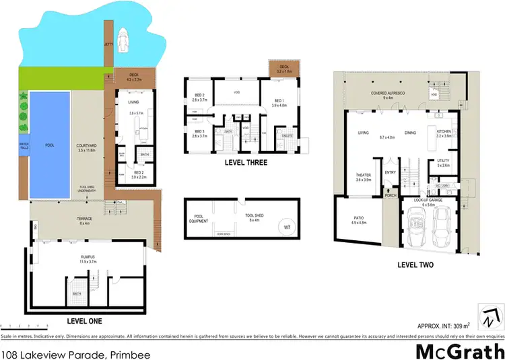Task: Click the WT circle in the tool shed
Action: (x=288, y=227)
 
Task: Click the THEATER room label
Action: (x=364, y=176)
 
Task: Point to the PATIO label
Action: (x=359, y=219)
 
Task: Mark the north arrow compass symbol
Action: (x=492, y=314)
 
